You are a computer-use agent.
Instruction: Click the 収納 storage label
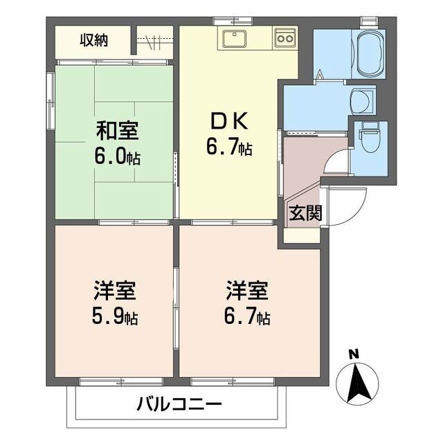pyautogui.click(x=93, y=39)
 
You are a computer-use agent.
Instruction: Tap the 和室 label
pyautogui.click(x=116, y=131)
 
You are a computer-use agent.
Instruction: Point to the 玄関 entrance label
pyautogui.click(x=305, y=213)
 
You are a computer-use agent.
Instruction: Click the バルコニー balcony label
pyautogui.click(x=178, y=404)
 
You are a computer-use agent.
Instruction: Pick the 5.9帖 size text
pyautogui.click(x=116, y=318)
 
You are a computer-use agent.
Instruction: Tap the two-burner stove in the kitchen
pyautogui.click(x=284, y=39)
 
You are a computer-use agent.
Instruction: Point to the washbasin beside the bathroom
pyautogui.click(x=361, y=102)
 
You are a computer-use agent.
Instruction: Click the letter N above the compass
pyautogui.click(x=354, y=354)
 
